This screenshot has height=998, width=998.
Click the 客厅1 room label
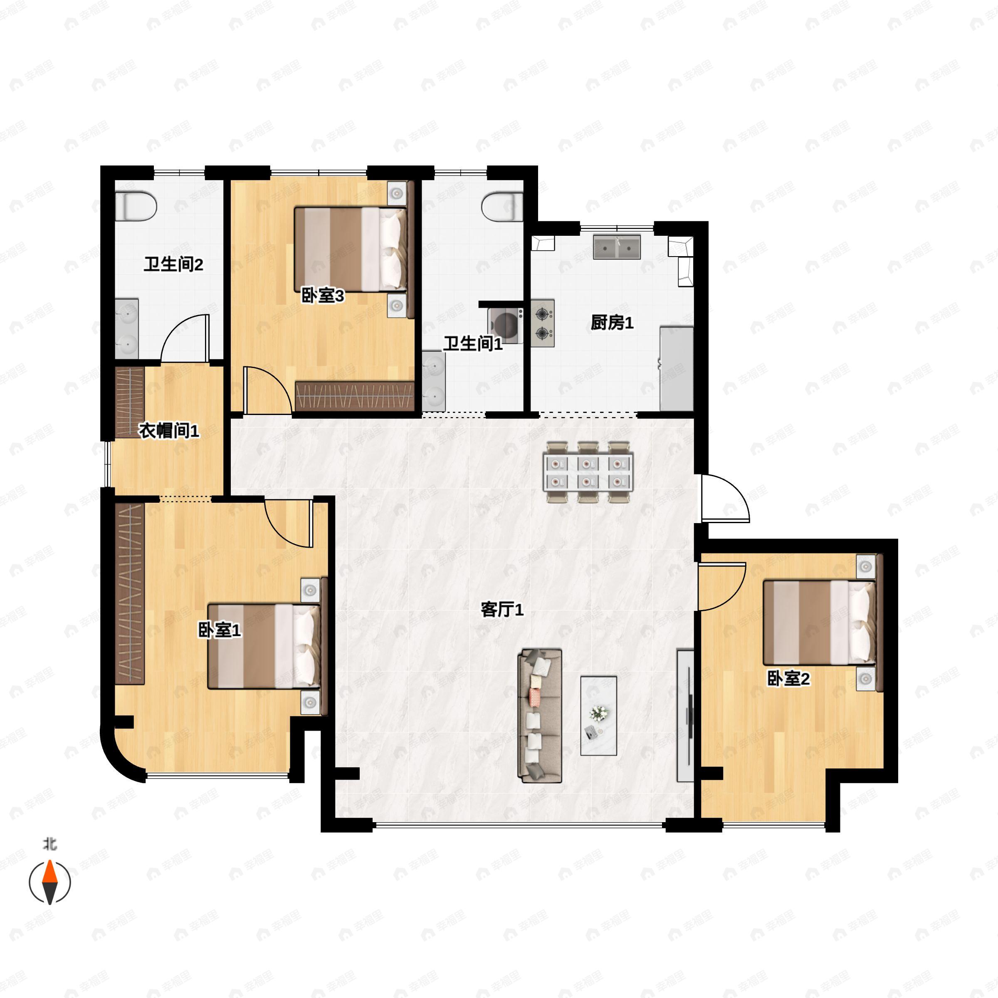[502, 610]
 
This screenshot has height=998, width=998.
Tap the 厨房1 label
[612, 323]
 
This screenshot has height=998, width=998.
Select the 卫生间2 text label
[173, 264]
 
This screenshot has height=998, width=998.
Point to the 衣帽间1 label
[169, 430]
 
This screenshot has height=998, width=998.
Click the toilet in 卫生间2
[135, 207]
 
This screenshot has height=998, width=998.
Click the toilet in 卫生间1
[502, 207]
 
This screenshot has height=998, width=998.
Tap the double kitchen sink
[617, 247]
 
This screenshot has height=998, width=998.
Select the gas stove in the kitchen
[542, 323]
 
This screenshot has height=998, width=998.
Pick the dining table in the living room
[588, 472]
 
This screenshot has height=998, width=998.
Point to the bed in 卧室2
[820, 623]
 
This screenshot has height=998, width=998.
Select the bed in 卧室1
[264, 646]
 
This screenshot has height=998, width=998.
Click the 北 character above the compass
[49, 844]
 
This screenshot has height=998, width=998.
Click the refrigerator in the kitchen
[677, 369]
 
